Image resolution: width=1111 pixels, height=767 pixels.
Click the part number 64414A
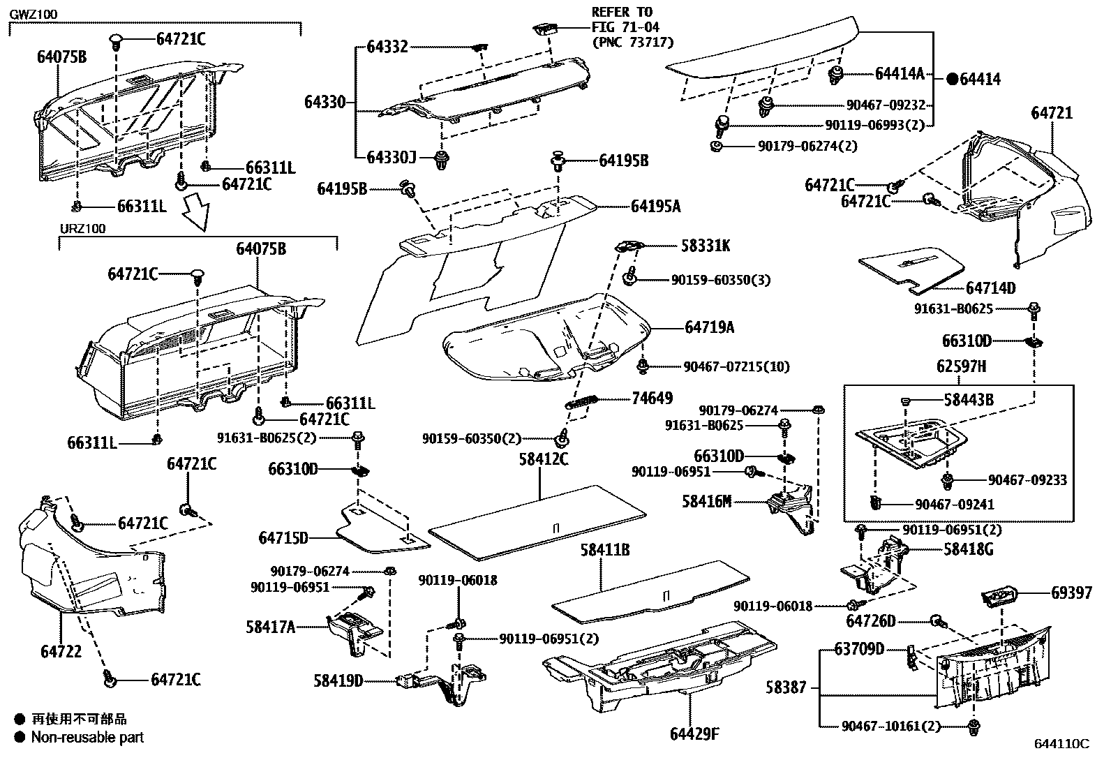point(900,73)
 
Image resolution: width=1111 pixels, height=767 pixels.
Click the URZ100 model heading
point(82,229)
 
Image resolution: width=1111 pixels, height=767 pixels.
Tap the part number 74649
point(652,399)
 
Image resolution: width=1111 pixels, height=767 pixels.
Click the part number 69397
point(1071,593)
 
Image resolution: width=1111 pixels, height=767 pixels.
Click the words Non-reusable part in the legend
point(87,737)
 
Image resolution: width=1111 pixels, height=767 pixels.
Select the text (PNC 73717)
point(632,43)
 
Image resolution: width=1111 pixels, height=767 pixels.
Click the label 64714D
point(990,288)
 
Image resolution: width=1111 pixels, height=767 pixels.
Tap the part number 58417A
point(270,627)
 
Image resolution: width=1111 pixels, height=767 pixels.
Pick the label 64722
point(61,651)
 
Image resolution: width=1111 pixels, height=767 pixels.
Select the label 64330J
point(391,157)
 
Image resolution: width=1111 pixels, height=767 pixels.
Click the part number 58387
point(786,687)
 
